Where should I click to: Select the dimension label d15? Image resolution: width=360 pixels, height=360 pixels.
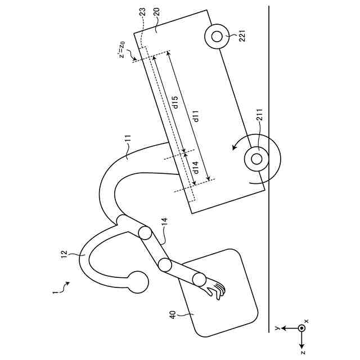pyautogui.click(x=175, y=102)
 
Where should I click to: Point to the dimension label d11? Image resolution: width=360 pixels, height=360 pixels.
pyautogui.click(x=196, y=116)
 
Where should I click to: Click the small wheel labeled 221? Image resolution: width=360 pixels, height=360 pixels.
pyautogui.click(x=215, y=37)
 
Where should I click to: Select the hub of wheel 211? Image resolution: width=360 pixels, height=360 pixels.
pyautogui.click(x=256, y=158)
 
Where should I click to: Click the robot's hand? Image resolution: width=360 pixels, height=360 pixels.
pyautogui.click(x=215, y=289)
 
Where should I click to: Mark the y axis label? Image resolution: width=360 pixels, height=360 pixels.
pyautogui.click(x=277, y=327)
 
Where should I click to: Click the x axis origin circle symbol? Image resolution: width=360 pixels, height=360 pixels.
pyautogui.click(x=302, y=327)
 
